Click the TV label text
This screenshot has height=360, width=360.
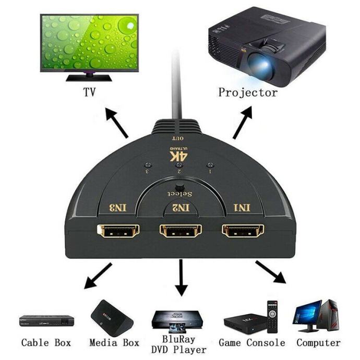coord(90,93)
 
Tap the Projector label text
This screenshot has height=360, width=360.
coord(248,93)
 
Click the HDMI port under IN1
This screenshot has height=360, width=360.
coord(244,231)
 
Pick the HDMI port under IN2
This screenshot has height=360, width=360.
coord(181,231)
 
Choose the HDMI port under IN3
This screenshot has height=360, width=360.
coord(118,231)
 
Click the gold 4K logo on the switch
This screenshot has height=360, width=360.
coord(179,155)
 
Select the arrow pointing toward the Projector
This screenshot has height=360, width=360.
coord(244,123)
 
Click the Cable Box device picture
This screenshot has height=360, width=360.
coord(45,320)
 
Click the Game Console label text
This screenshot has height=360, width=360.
coord(251,343)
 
